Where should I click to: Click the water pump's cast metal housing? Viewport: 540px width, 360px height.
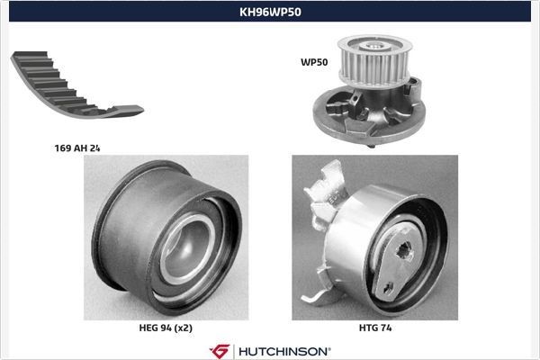(x=360, y=112)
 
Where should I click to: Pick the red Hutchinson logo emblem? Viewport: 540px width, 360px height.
(x=219, y=350)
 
